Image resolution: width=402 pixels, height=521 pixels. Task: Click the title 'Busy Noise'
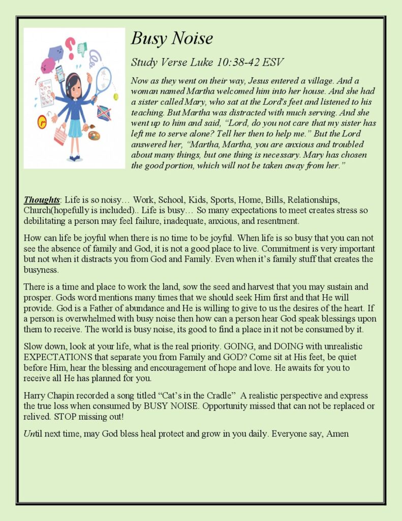pos(172,38)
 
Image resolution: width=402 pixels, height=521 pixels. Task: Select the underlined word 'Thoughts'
pos(41,199)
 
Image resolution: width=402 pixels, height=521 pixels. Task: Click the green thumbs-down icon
pos(82,49)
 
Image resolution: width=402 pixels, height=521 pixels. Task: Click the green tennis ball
pos(116,96)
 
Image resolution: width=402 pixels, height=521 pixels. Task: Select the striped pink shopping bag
pos(60,135)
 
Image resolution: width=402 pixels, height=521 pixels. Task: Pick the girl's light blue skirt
pos(75,127)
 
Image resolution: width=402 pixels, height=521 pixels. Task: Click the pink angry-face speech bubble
pos(48,66)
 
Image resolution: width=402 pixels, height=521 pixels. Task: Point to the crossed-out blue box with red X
pos(105,113)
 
